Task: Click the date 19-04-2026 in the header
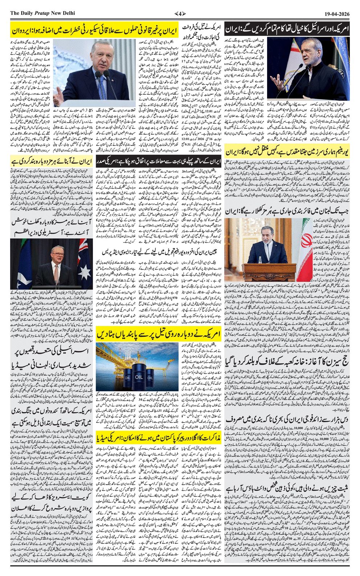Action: [x=337, y=13]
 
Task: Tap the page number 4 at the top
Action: [x=180, y=13]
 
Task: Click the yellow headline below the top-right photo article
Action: [x=287, y=151]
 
